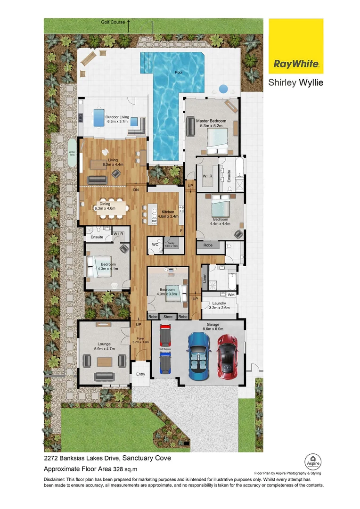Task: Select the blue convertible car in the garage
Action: point(198,357)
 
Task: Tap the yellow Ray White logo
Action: point(296,46)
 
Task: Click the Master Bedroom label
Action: point(211,121)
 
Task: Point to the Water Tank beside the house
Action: point(72,152)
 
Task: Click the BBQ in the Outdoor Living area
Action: point(81,117)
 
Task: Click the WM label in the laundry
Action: point(231,295)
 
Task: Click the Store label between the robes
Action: point(168,317)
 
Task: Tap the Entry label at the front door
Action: point(140,374)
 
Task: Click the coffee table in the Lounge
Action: point(105,361)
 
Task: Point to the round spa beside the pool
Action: point(223,88)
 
